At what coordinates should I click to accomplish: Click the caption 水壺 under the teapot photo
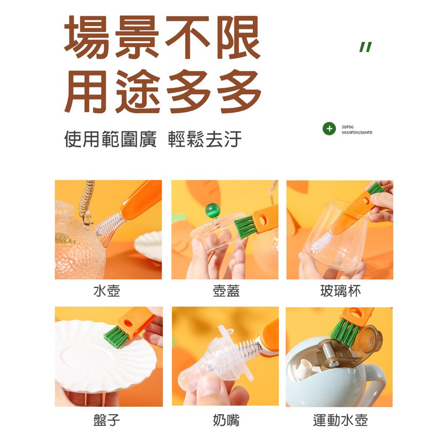click(x=107, y=291)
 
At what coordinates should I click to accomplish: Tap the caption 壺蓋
click(x=226, y=291)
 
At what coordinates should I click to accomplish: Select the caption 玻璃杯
click(x=340, y=291)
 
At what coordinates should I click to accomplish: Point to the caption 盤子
click(x=107, y=420)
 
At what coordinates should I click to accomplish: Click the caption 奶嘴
click(x=226, y=420)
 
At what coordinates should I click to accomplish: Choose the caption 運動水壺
click(x=340, y=420)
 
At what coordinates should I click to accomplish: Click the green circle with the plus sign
click(x=329, y=129)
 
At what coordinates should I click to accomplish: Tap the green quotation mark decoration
click(x=365, y=47)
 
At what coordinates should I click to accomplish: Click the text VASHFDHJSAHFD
click(x=357, y=133)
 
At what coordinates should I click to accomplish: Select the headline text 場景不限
click(x=163, y=37)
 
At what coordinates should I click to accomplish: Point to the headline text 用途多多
click(x=163, y=91)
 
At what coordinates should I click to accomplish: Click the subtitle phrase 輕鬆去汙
click(x=205, y=139)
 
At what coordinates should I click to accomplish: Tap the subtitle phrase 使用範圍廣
click(x=110, y=139)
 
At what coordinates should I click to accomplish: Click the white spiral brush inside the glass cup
click(x=322, y=241)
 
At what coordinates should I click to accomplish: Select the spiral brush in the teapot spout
click(x=108, y=225)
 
